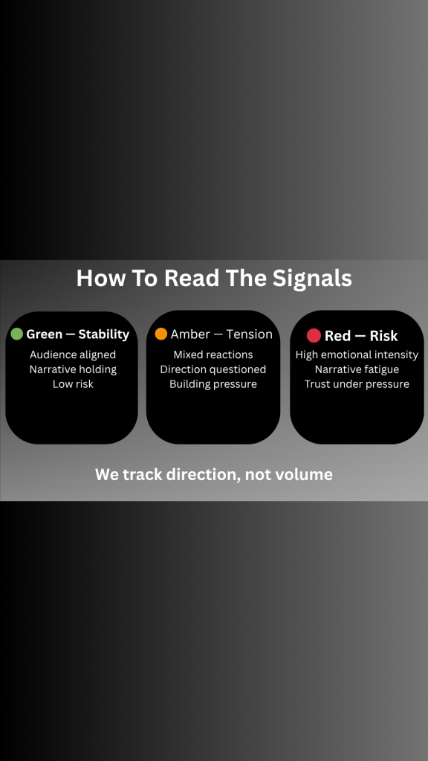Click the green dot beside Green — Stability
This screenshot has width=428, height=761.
pyautogui.click(x=17, y=334)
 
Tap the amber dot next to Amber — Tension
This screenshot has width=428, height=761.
pyautogui.click(x=161, y=334)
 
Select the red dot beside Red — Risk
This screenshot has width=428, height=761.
pyautogui.click(x=314, y=335)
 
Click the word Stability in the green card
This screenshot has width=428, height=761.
pyautogui.click(x=104, y=334)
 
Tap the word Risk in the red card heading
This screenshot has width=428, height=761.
pyautogui.click(x=384, y=336)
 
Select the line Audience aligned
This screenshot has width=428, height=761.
pyautogui.click(x=73, y=354)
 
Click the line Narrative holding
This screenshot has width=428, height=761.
pyautogui.click(x=73, y=369)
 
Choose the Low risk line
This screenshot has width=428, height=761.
pyautogui.click(x=73, y=384)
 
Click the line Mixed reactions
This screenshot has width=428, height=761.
pyautogui.click(x=213, y=354)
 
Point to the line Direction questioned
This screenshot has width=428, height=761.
pyautogui.click(x=213, y=369)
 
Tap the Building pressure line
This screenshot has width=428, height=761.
pyautogui.click(x=213, y=384)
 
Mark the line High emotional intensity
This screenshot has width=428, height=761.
pyautogui.click(x=357, y=354)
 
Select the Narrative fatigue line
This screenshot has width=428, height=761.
pyautogui.click(x=357, y=369)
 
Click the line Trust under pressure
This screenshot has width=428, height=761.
pyautogui.click(x=357, y=384)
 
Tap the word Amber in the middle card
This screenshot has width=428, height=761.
pyautogui.click(x=190, y=334)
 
